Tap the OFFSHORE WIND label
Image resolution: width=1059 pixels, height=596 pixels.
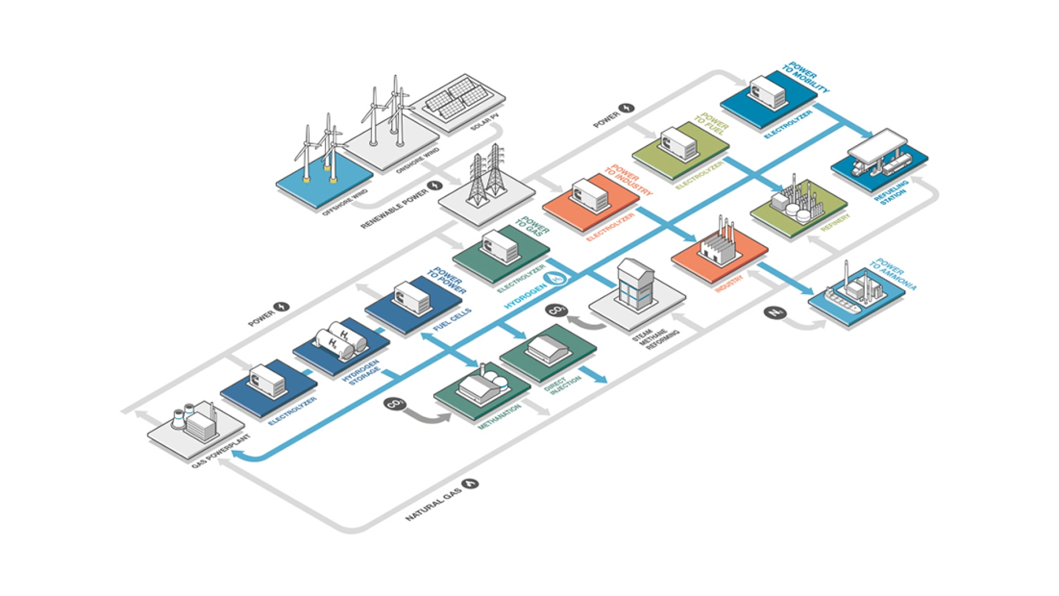coord(345,203)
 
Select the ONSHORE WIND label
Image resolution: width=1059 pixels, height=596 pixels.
coord(418,161)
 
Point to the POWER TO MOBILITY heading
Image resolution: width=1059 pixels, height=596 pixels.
coord(805,78)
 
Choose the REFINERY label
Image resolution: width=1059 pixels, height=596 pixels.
coord(835,222)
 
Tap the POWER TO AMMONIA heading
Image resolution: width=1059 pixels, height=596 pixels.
coord(893,274)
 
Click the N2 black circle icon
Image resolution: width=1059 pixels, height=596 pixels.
coord(775,313)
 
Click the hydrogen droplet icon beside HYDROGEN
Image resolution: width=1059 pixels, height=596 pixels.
coord(557,278)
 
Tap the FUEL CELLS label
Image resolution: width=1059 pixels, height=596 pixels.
coord(452,320)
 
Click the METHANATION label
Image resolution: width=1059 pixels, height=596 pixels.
coord(499,417)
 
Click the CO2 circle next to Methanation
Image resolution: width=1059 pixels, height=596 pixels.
coord(395,405)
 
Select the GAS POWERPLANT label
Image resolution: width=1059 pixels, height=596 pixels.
coord(221,451)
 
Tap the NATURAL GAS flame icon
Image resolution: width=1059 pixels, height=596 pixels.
coord(470,484)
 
